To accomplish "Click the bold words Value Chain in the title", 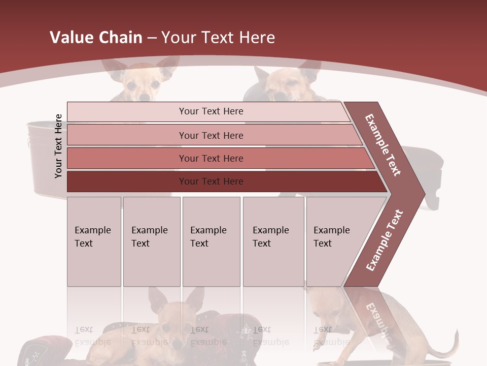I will pos(96,38).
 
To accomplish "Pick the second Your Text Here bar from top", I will pos(211,135).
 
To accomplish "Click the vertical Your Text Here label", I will pos(58,146).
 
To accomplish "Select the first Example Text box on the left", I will pos(94,241).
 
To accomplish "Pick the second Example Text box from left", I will pos(151,241).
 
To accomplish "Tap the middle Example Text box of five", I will pos(211,241).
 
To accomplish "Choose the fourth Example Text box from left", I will pos(273,241).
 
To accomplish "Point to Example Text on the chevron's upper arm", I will pos(383,145).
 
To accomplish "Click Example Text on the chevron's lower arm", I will pos(384,240).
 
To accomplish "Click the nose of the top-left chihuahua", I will pos(145,97).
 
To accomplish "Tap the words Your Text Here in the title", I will pos(218,38).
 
